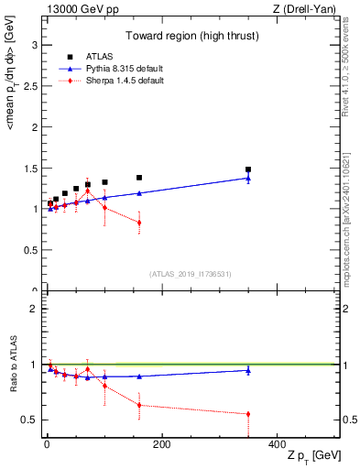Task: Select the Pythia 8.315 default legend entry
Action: (x=114, y=70)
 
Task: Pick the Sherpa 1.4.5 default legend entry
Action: (x=114, y=81)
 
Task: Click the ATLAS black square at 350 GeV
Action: (x=248, y=169)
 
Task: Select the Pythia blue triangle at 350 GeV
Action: (x=248, y=178)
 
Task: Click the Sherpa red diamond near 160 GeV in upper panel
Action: (x=139, y=223)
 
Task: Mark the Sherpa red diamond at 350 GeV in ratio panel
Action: (x=248, y=414)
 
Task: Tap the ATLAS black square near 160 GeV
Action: (x=139, y=178)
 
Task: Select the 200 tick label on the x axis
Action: (x=161, y=443)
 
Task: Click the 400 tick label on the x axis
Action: (x=277, y=443)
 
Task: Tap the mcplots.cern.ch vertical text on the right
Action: (x=349, y=211)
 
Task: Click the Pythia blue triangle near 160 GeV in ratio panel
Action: (x=139, y=376)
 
